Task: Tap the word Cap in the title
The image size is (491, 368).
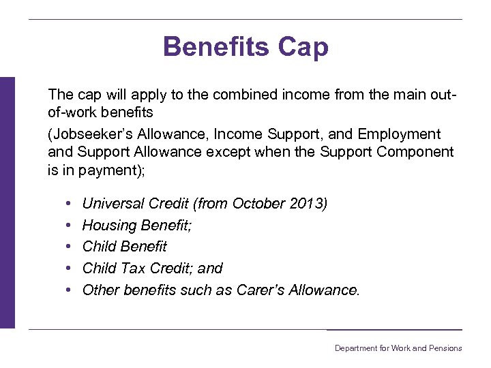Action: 303,47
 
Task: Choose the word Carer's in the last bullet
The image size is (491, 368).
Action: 258,290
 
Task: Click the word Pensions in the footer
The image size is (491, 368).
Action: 446,348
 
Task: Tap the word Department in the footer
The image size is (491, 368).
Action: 355,348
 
